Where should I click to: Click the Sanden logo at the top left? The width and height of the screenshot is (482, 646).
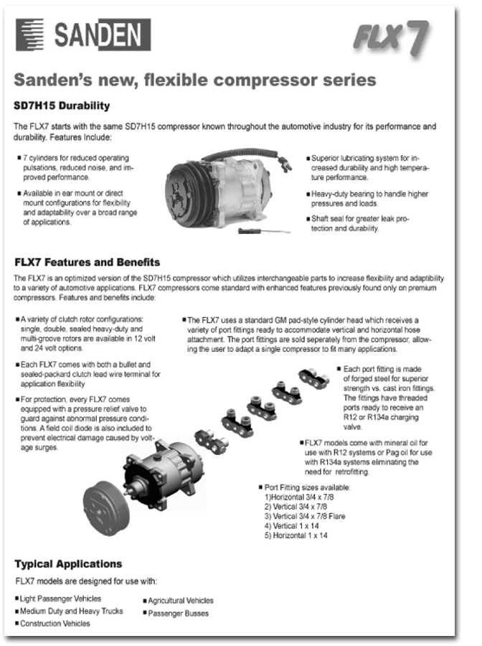pyautogui.click(x=82, y=34)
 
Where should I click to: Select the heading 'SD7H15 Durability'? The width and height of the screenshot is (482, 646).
pyautogui.click(x=62, y=106)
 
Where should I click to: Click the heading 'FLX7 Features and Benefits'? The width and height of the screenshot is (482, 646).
pyautogui.click(x=87, y=262)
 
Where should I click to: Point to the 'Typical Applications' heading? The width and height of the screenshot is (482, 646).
pyautogui.click(x=68, y=563)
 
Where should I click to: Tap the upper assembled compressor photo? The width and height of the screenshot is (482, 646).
pyautogui.click(x=222, y=188)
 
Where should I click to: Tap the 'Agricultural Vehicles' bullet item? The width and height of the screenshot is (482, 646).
pyautogui.click(x=181, y=600)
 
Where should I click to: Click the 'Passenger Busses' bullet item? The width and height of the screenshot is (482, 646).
pyautogui.click(x=179, y=613)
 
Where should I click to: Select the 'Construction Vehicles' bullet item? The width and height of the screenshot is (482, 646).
pyautogui.click(x=55, y=624)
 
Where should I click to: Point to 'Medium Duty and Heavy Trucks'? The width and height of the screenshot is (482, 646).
pyautogui.click(x=71, y=611)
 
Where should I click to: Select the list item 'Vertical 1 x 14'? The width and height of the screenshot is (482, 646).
pyautogui.click(x=292, y=526)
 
